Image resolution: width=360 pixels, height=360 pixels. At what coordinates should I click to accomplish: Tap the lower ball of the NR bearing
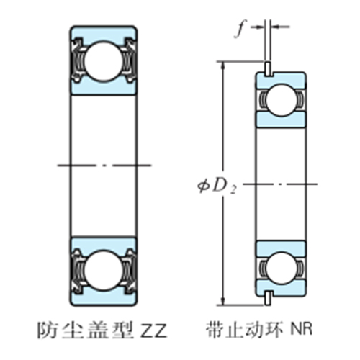pyautogui.click(x=280, y=266)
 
